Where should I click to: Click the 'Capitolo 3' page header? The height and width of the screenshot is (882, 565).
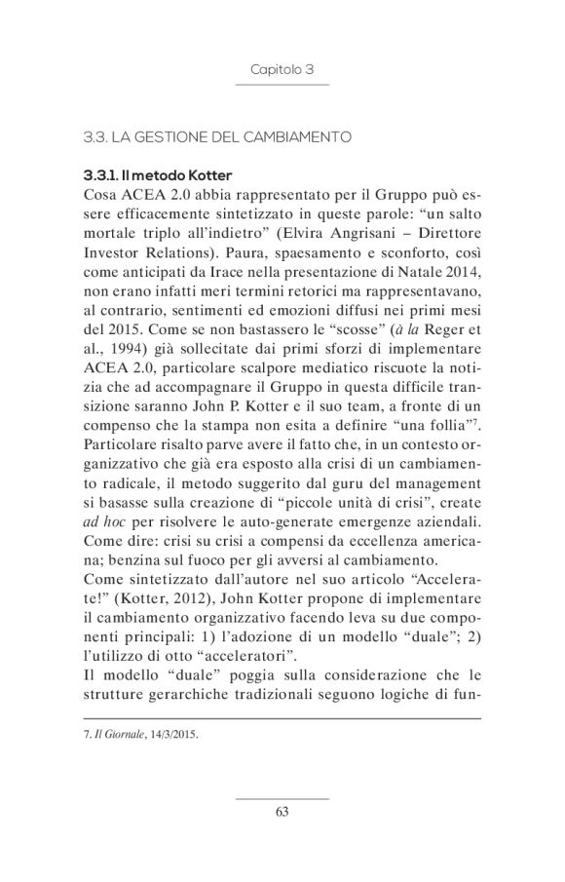[282, 70]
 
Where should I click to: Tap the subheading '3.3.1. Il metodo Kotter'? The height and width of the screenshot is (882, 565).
[157, 175]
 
